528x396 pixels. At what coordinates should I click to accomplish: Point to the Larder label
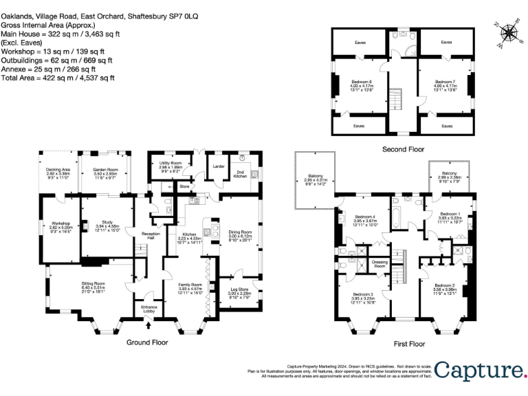pos(219,166)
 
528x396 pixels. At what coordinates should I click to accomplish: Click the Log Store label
pos(239,290)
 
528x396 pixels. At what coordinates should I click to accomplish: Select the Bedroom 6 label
pos(359,81)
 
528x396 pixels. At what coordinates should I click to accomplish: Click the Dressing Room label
pos(379,263)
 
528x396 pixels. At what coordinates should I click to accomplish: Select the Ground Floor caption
pos(147,341)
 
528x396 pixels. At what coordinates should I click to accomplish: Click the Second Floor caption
pos(404,148)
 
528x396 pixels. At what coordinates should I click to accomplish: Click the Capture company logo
pos(479,371)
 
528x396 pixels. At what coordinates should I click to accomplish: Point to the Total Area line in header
pos(58,78)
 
